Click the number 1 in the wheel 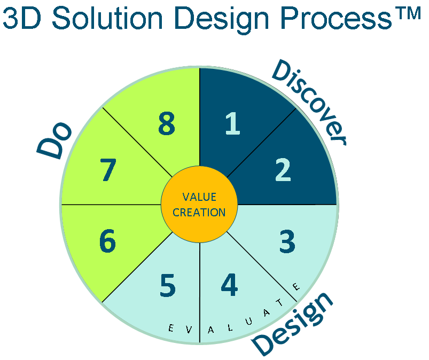233,123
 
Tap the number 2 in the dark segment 283,170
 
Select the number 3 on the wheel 287,241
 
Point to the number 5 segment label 167,286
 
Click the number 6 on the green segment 107,241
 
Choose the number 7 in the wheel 108,170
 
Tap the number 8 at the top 167,123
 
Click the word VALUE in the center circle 199,197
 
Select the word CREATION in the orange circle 199,213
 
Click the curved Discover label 309,103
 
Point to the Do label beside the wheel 54,140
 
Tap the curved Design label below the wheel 292,324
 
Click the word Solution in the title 107,19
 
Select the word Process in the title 336,19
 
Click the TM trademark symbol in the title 409,13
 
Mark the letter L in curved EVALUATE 230,327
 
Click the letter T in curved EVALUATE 280,302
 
